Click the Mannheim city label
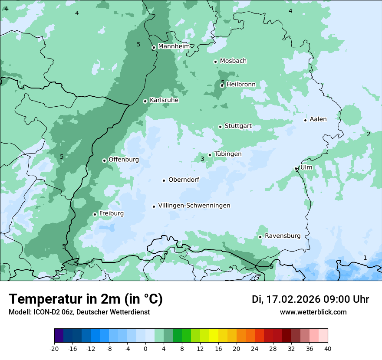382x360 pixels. pos(174,46)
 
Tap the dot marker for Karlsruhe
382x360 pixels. pos(145,101)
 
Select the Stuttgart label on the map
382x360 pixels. pos(238,126)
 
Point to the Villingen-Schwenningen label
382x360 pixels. pos(194,206)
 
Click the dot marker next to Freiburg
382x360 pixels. pos(95,214)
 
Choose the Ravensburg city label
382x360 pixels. pos(282,236)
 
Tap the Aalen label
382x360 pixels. pos(318,119)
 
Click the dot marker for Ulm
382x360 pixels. pos(296,168)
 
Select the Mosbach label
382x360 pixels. pos(233,61)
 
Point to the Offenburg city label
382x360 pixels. pos(124,160)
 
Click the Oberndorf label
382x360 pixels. pos(184,180)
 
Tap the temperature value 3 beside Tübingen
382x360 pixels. pos(202,159)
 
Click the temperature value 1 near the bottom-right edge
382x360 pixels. pos(365,258)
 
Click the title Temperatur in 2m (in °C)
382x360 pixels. pos(86,299)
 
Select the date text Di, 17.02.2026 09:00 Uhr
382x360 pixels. pos(310,299)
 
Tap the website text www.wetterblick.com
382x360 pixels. pos(313,312)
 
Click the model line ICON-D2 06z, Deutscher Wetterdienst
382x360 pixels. pos(79,312)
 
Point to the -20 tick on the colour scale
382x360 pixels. pos(54,348)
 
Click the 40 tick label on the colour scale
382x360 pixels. pos(328,348)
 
